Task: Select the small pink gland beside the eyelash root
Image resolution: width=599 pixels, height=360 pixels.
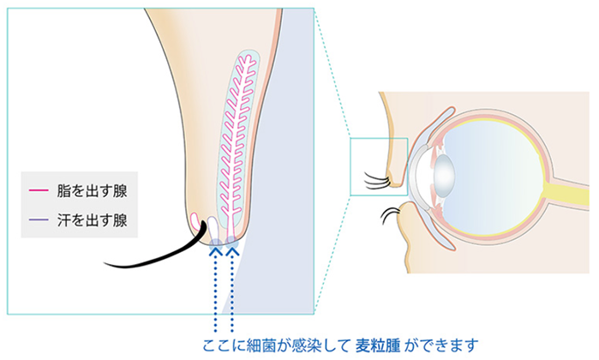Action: (196, 225)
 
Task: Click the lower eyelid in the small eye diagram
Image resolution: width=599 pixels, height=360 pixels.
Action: (410, 231)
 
